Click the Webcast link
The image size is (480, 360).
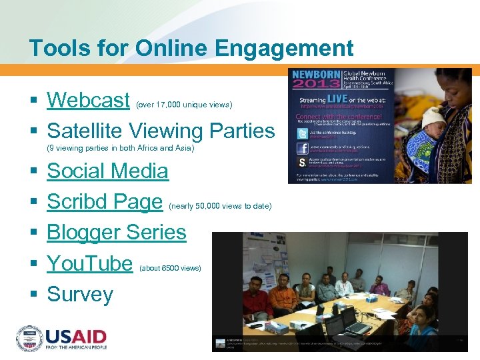[x=88, y=100]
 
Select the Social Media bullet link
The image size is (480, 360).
[x=107, y=171]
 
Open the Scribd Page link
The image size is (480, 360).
[x=105, y=201]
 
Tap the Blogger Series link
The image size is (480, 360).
[x=117, y=232]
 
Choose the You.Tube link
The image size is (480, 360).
[x=90, y=263]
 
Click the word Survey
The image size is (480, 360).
[x=80, y=294]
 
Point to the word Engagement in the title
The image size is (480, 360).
[x=291, y=48]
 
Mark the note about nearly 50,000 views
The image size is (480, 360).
[x=221, y=206]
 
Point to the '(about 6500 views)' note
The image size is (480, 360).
[x=170, y=268]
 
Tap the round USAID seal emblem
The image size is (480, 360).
[x=30, y=339]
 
